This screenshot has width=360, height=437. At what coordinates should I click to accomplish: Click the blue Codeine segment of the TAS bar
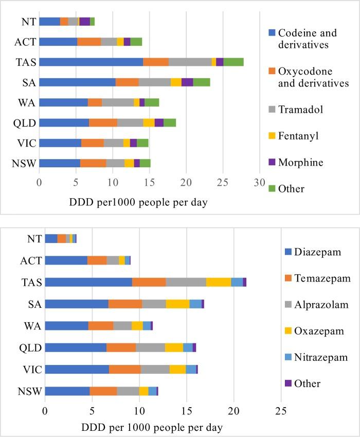click(91, 62)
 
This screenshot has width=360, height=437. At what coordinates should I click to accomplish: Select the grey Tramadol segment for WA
click(118, 102)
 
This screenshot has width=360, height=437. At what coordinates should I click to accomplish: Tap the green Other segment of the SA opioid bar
click(202, 82)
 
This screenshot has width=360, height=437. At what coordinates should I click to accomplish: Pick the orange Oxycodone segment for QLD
click(103, 123)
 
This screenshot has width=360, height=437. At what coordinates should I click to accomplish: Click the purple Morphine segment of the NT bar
click(84, 21)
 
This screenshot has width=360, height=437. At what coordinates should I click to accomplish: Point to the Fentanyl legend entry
click(298, 136)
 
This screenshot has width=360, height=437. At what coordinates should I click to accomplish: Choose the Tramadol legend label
click(300, 109)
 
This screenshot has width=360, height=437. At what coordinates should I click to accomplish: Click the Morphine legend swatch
click(272, 163)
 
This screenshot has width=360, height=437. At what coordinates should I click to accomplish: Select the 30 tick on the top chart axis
click(260, 182)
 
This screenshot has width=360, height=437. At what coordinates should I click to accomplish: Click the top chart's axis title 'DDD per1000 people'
click(138, 202)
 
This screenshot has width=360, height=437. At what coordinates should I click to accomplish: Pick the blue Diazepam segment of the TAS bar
click(88, 282)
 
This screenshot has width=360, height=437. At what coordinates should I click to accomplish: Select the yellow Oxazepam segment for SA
click(177, 304)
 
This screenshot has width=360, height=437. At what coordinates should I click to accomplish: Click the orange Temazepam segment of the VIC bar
click(124, 369)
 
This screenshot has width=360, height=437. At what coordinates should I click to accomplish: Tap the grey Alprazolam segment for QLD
click(150, 347)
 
